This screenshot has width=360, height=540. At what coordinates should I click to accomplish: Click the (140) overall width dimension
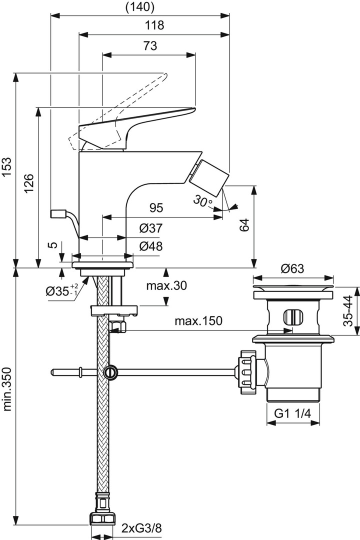(139, 7)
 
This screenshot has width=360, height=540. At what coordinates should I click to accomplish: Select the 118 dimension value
(154, 25)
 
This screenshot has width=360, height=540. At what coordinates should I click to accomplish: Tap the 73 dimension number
(148, 45)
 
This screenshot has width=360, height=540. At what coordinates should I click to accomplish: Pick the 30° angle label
(202, 201)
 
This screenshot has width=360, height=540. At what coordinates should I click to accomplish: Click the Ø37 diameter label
(150, 228)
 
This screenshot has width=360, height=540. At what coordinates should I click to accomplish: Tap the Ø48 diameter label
(150, 246)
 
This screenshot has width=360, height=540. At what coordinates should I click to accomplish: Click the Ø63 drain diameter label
(292, 268)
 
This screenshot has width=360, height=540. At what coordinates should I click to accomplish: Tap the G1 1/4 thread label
(293, 413)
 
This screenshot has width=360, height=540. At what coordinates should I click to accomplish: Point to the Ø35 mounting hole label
(60, 290)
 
